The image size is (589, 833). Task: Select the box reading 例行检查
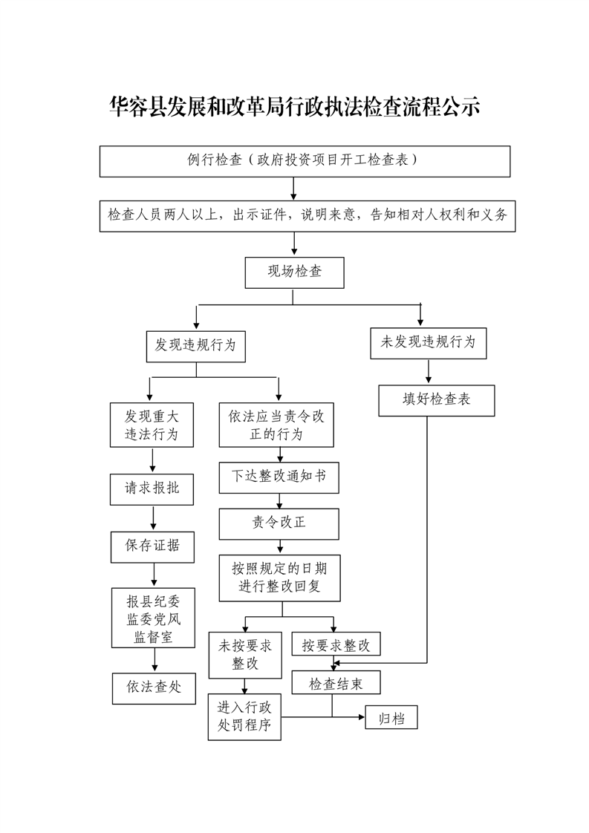pos(305,160)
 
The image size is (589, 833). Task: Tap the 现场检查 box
pos(294,272)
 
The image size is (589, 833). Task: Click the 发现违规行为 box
pos(195,345)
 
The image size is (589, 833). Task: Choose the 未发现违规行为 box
pos(428,342)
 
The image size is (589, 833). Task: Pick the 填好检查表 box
pos(436,399)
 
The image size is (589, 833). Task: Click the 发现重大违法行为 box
pos(152,425)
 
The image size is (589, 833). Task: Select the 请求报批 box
pos(152,489)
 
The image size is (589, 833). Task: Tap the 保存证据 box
pos(152,546)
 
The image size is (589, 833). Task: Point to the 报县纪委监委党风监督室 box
pos(154,618)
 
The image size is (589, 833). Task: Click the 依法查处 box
pos(154,687)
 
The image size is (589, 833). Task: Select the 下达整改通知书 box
pos(279,477)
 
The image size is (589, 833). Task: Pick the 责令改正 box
pos(279,523)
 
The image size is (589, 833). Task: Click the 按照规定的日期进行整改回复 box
pos(279,578)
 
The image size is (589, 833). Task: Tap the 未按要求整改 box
pos(244,655)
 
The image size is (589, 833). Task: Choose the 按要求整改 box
pos(336,644)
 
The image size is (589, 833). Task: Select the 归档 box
pos(391,718)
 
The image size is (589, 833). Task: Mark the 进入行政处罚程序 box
pos(244,717)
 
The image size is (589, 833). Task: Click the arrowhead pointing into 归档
pos(361,717)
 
